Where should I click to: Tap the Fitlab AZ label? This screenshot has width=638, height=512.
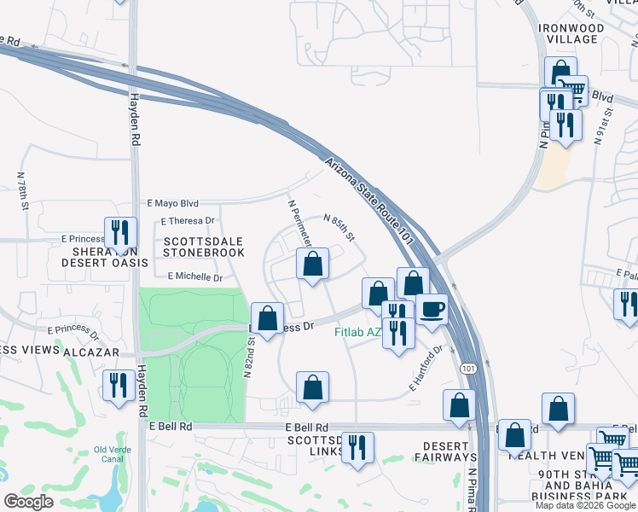[357, 331]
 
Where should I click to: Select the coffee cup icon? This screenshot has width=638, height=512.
[432, 309]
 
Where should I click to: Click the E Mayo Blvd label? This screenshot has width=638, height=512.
[172, 204]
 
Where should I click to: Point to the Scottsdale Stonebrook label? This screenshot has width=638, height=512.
[204, 247]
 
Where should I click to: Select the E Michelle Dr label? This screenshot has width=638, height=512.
[194, 277]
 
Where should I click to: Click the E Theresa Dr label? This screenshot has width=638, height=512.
[187, 222]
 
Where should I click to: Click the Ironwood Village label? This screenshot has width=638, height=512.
[571, 34]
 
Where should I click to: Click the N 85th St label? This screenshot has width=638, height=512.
[339, 226]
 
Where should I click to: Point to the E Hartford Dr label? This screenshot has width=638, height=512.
[427, 368]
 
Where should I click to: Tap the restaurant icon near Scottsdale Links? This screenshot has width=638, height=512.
[358, 447]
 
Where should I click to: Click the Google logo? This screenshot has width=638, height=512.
[28, 501]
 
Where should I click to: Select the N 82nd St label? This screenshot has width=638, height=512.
[250, 357]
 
